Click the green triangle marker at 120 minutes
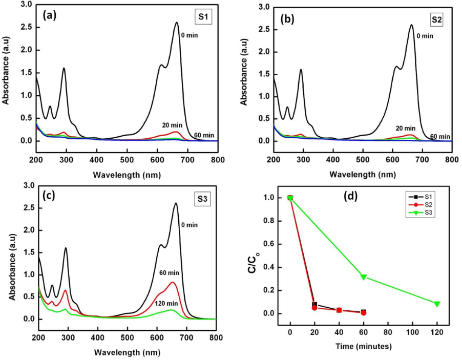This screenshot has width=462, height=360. pos(437,304)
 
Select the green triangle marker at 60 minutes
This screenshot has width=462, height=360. pos(364,277)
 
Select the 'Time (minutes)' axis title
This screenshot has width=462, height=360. pos(364,346)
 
